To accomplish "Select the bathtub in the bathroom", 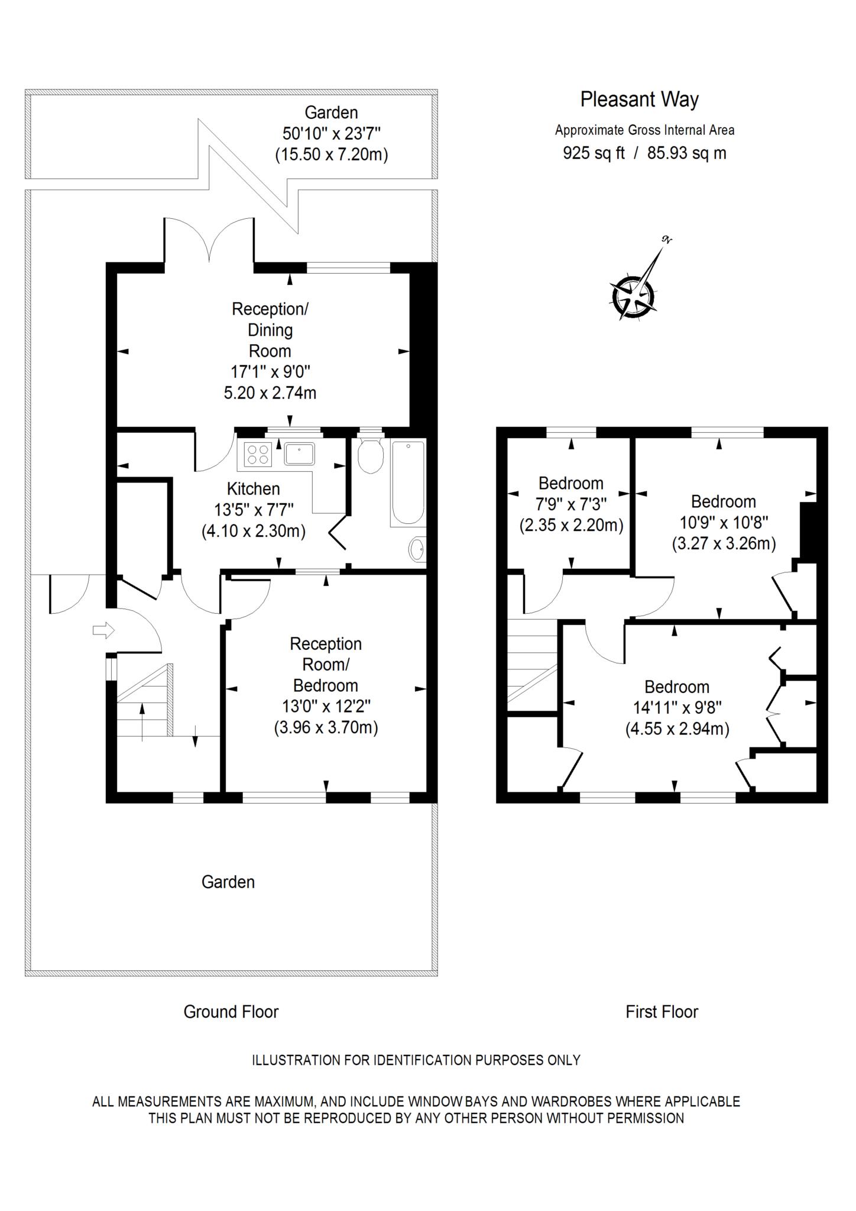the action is tap(407, 483).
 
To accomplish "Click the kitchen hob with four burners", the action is tap(258, 454).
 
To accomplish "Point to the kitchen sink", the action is tap(300, 454).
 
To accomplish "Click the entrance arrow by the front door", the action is tap(103, 630).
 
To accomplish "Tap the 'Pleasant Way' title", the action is tap(639, 99).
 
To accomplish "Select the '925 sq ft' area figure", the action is tap(594, 153).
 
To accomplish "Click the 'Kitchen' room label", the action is tap(254, 489).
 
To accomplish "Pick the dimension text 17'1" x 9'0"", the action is tap(270, 372).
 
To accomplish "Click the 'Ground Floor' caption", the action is tap(231, 1012).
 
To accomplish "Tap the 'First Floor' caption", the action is tap(662, 1012).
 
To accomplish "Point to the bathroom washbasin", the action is tap(417, 549).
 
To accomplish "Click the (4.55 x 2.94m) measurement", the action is tap(677, 729).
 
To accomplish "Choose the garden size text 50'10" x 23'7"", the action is tap(331, 133).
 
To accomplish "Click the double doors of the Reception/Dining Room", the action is tap(209, 239).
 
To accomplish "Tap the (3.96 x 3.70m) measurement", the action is tap(326, 727).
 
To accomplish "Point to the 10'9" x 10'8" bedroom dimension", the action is tap(724, 523).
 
